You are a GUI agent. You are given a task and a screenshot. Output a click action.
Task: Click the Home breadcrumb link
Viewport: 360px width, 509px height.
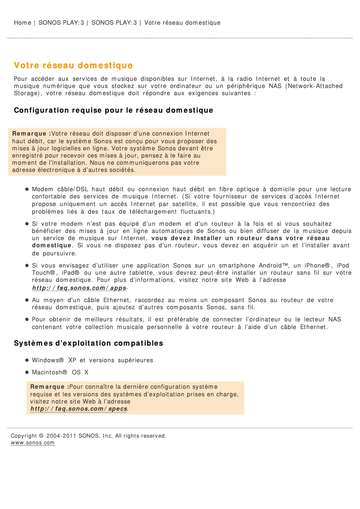[x=22, y=22]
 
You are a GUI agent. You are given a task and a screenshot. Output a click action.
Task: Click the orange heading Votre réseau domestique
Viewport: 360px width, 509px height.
[x=73, y=66]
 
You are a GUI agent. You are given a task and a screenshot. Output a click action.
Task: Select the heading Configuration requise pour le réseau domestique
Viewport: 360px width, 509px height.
[x=114, y=110]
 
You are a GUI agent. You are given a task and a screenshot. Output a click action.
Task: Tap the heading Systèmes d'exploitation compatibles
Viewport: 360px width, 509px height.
[x=88, y=343]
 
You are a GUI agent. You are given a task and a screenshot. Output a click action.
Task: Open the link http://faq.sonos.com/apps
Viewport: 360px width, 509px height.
[x=79, y=288]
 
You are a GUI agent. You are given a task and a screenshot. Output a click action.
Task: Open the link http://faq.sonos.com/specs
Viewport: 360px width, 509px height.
[x=79, y=409]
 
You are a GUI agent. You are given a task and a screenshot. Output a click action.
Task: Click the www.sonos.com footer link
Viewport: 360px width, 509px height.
[x=33, y=443]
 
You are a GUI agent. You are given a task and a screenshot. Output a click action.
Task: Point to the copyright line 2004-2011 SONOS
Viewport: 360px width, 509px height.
[x=88, y=435]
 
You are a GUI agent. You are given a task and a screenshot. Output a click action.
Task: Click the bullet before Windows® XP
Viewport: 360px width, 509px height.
[x=27, y=360]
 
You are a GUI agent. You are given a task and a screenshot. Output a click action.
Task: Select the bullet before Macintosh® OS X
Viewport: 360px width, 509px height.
[x=27, y=372]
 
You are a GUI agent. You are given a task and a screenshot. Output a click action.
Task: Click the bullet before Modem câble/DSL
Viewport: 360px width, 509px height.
[x=27, y=189]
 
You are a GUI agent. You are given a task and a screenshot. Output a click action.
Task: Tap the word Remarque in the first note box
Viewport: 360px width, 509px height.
[x=30, y=133]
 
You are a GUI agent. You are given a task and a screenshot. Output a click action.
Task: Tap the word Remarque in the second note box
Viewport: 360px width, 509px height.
[x=48, y=386]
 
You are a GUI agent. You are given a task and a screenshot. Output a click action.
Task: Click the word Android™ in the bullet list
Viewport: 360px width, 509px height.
[x=274, y=265]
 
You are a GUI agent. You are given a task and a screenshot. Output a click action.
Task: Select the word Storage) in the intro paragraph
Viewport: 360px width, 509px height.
[x=28, y=93]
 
